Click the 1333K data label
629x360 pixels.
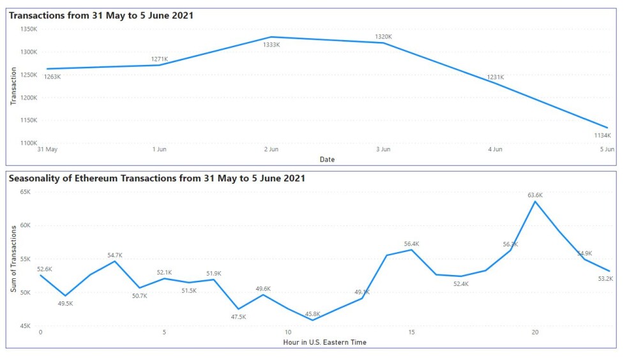pos(271,45)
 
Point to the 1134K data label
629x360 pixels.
pos(603,135)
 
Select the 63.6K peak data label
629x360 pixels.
pos(535,195)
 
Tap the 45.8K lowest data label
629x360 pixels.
pos(312,314)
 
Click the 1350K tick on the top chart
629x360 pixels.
pos(29,29)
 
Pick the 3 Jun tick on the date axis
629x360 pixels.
pos(383,149)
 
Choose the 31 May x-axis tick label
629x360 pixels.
pos(47,149)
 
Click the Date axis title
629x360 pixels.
pos(327,160)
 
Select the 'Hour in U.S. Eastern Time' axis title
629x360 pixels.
pos(324,342)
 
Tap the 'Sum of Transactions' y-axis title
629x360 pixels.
pos(13,259)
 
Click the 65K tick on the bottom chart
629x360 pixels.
pos(25,192)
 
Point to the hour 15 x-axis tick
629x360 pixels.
pos(412,333)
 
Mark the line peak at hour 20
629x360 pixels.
pos(535,201)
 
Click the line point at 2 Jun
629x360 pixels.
pos(271,37)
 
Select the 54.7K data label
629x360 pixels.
pos(115,255)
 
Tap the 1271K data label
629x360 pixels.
pos(160,59)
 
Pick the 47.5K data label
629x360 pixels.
pos(238,317)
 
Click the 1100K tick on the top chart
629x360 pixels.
pos(29,143)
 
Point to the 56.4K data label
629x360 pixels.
pos(412,244)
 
